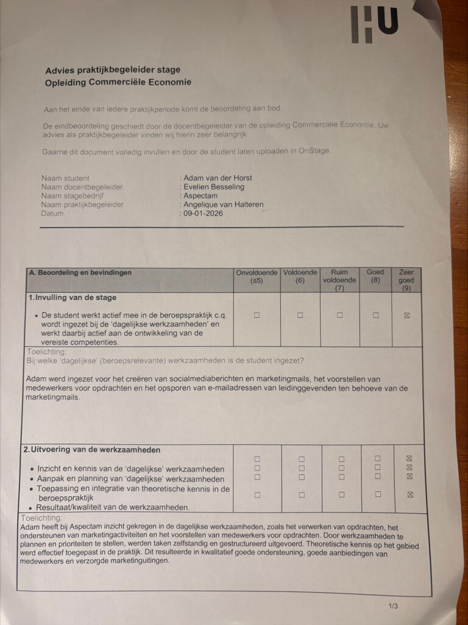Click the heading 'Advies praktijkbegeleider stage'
[113, 70]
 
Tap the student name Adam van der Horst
[218, 178]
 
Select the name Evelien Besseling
[213, 187]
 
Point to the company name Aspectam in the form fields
[200, 195]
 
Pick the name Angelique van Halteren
[223, 204]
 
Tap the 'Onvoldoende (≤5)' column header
[257, 276]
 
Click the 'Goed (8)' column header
[375, 276]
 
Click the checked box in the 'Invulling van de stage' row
[407, 316]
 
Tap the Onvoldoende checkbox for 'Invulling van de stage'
[257, 316]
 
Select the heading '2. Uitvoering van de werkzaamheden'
[91, 450]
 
